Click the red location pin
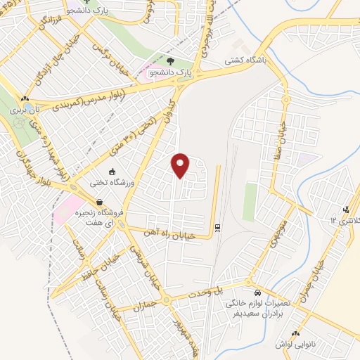coord(181,165)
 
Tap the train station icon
coord(217,227)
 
